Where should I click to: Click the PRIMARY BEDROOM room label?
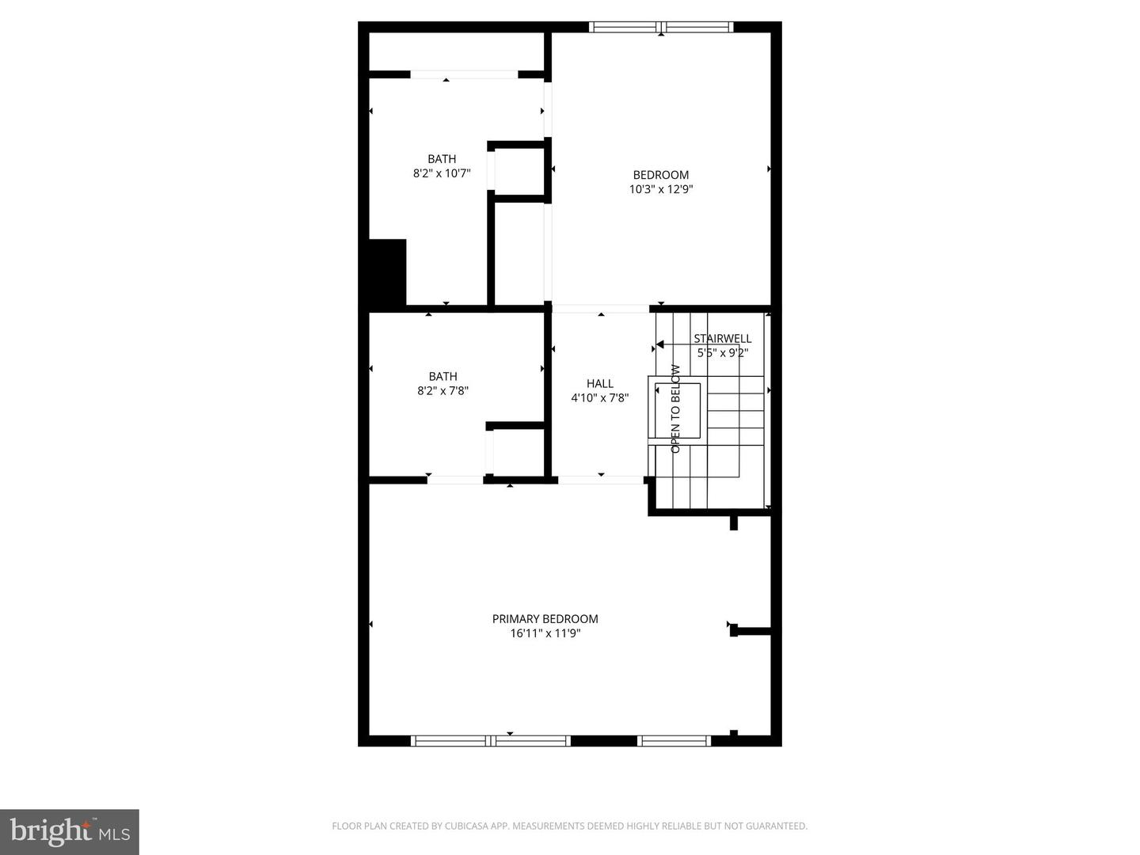coord(545,619)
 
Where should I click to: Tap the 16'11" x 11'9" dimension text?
coord(545,633)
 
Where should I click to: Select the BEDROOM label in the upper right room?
coord(660,175)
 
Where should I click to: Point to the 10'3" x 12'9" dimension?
coord(660,189)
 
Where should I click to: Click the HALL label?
coord(599,384)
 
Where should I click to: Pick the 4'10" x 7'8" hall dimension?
coord(599,398)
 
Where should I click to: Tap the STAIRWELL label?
coord(722,339)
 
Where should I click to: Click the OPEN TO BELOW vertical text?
coord(675,408)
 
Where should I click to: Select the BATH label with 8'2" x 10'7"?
coord(442,159)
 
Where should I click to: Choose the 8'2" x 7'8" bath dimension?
coord(443,390)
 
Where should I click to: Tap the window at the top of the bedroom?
coord(661,28)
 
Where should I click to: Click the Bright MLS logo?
coord(70,831)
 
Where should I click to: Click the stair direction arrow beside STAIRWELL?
coord(659,344)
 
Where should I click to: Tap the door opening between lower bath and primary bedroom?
coord(455,479)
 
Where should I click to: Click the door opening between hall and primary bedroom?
coord(601,479)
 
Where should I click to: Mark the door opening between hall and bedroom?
coord(601,309)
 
